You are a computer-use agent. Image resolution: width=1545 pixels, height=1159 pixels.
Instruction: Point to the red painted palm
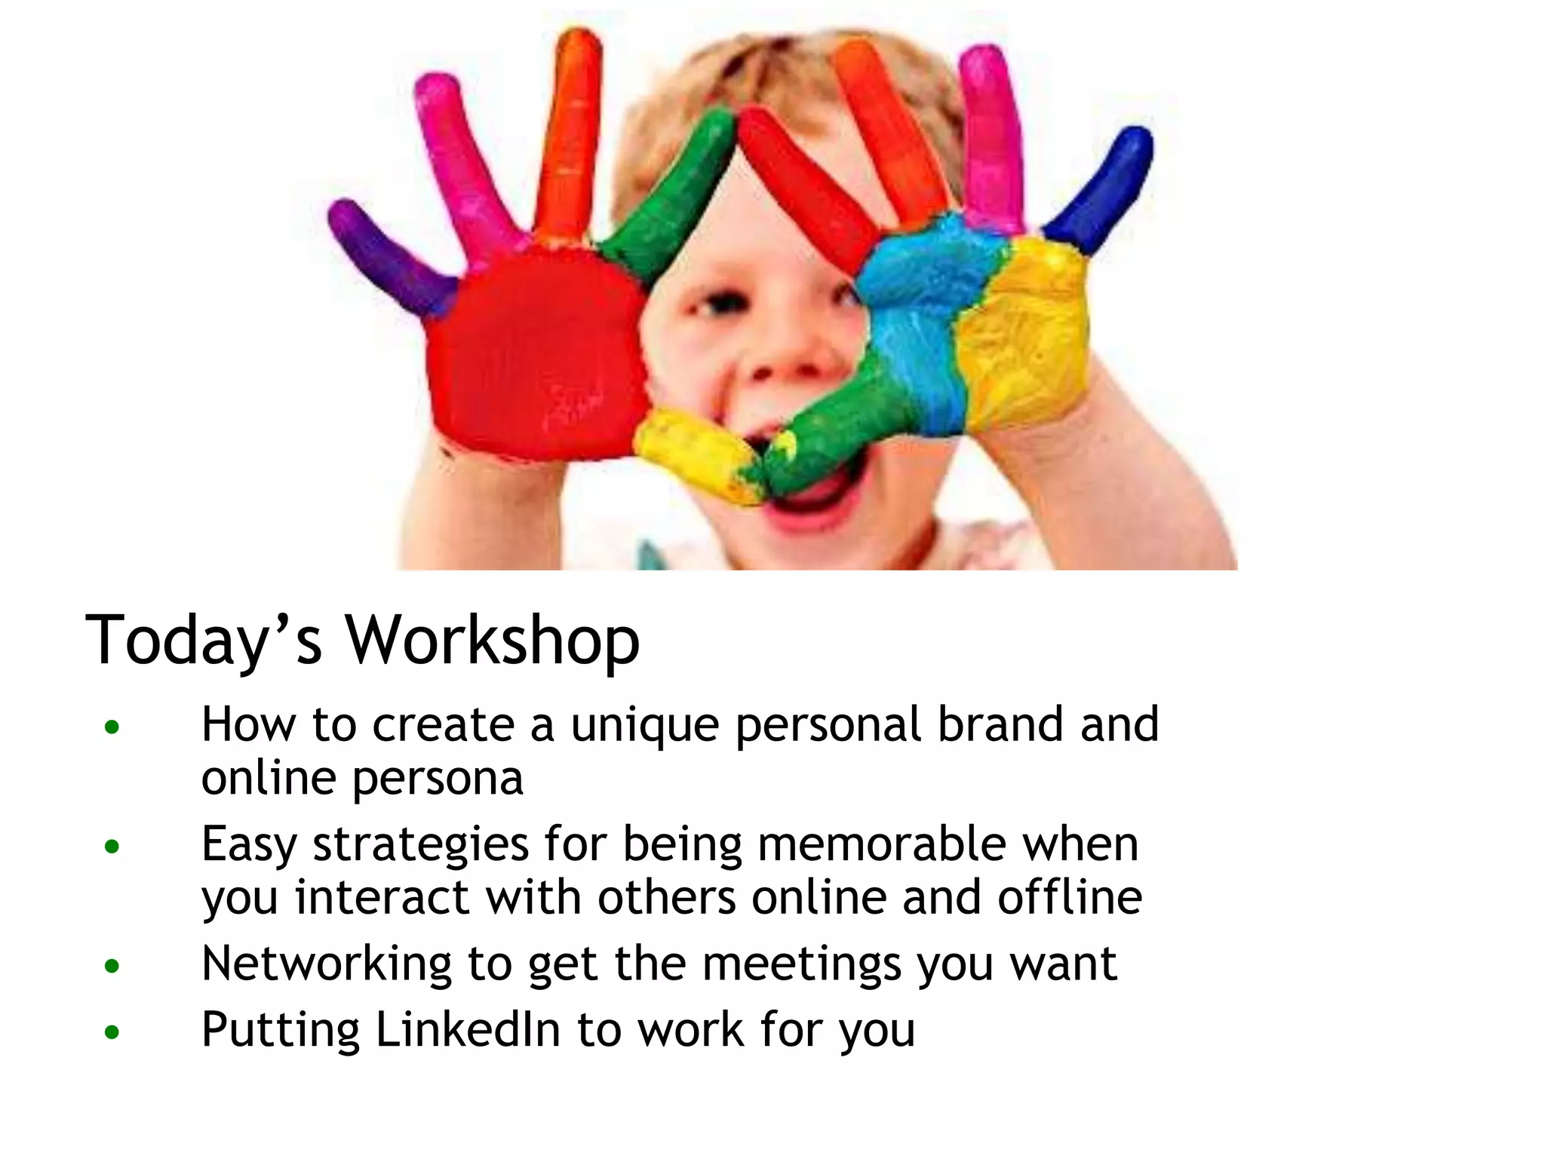point(536,355)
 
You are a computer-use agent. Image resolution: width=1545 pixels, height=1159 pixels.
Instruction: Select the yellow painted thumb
point(698,453)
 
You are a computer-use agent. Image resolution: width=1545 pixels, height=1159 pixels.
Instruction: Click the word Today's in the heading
point(204,641)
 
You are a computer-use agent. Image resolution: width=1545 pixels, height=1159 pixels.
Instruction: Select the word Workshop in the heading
point(492,641)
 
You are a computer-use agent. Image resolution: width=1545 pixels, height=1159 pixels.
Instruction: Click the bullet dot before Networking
point(112,966)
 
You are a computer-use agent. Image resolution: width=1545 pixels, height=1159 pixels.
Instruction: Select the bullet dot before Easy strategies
point(112,847)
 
